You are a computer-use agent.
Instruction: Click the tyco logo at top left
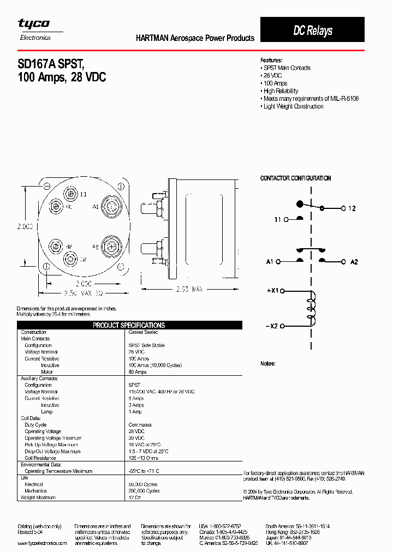34,24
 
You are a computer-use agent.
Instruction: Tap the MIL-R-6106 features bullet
309,99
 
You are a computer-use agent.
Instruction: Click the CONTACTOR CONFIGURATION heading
295,178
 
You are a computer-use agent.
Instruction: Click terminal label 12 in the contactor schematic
352,208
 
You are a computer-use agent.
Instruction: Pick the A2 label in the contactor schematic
354,262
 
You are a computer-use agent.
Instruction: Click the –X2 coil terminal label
272,326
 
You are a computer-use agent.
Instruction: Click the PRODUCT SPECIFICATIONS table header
129,325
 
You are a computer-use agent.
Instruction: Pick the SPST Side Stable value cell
147,345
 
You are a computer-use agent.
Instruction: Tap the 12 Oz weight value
134,497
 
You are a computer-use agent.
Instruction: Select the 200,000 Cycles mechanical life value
144,491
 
